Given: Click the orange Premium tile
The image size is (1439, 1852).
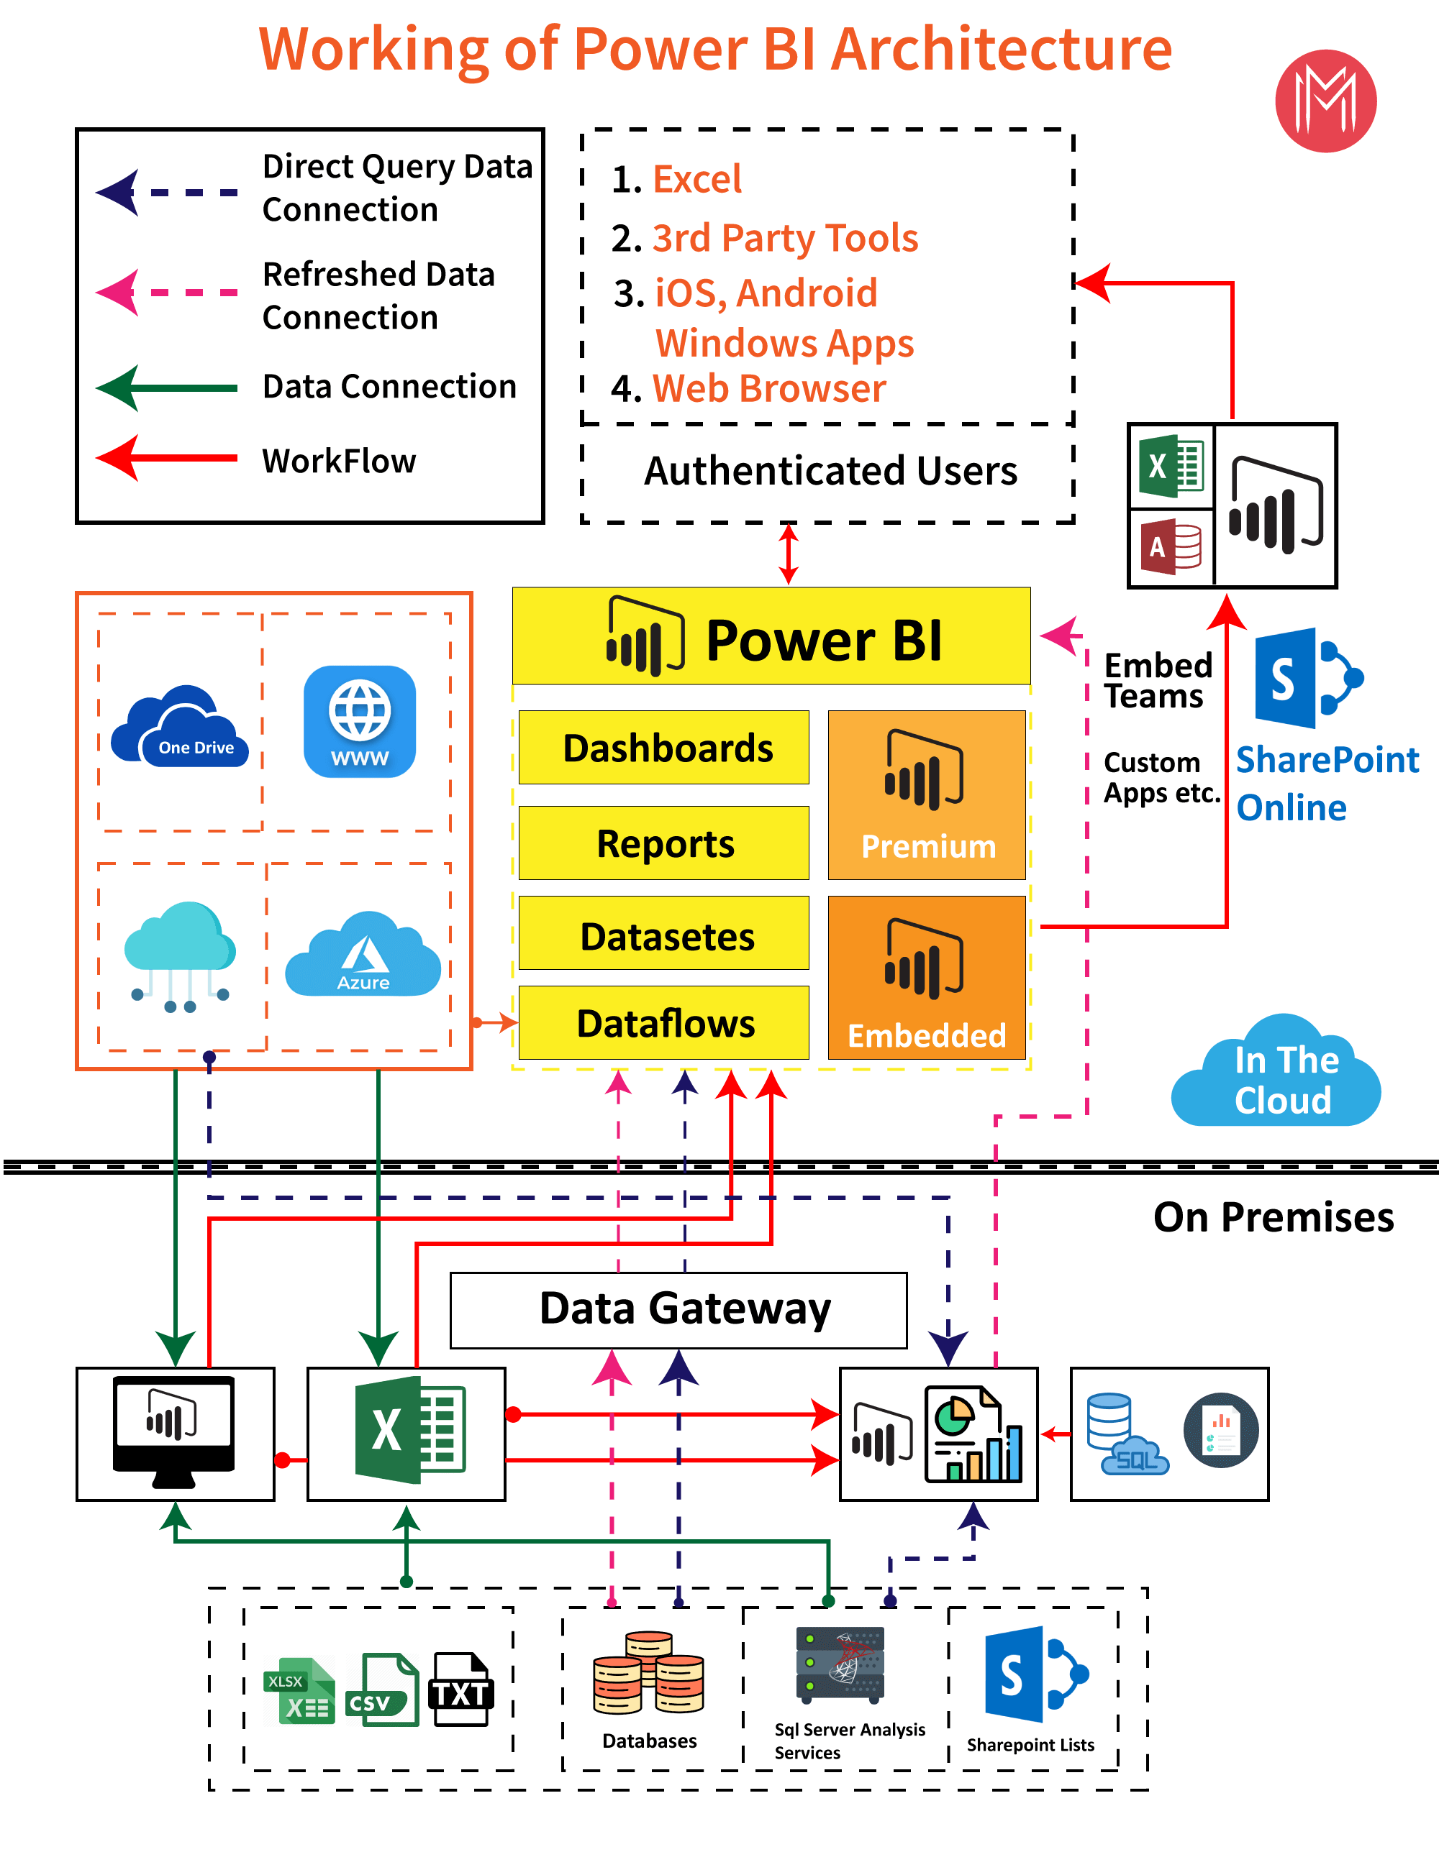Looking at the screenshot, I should point(927,794).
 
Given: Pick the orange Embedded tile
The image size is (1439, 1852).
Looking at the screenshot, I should point(927,977).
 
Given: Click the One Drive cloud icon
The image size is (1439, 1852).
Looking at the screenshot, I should point(180,727).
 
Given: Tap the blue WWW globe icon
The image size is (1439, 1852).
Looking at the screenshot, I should point(360,722).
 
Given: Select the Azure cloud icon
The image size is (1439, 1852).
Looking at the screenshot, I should point(363,955).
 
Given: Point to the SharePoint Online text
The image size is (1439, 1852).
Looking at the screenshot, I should point(1325,783).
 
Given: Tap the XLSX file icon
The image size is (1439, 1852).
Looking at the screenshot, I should point(299,1690).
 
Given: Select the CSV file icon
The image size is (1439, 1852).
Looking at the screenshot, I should point(382,1690).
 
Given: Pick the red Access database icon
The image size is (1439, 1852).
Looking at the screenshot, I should point(1171,547).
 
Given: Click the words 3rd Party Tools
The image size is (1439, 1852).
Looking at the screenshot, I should point(785,238).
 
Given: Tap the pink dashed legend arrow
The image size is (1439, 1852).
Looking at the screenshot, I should point(165,293).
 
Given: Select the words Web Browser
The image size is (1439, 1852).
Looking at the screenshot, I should point(768,389).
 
